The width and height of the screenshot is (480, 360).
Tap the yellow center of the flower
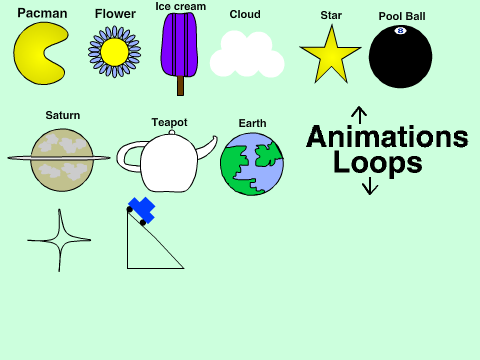(x=114, y=52)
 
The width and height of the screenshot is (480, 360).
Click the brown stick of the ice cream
(x=180, y=86)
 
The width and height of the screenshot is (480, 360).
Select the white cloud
(x=247, y=54)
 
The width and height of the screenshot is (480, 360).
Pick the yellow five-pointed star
(x=330, y=56)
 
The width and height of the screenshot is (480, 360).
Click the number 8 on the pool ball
(x=400, y=31)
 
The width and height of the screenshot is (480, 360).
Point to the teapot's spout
(x=207, y=148)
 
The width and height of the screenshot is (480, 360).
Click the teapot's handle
(x=130, y=157)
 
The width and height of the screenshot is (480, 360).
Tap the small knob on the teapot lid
(x=171, y=132)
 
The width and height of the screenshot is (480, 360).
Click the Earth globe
(x=252, y=164)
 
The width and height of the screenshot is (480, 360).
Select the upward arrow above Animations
(x=359, y=115)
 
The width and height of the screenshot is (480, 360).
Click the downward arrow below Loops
(x=370, y=186)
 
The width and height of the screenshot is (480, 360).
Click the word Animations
(x=387, y=136)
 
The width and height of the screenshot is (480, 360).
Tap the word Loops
(x=378, y=163)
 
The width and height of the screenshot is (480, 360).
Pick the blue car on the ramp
(x=141, y=210)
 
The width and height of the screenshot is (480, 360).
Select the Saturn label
(x=63, y=115)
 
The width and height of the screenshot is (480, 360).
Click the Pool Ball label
(x=402, y=16)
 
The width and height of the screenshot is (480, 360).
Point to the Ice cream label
(x=181, y=6)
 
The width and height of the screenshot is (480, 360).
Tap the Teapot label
(x=169, y=123)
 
